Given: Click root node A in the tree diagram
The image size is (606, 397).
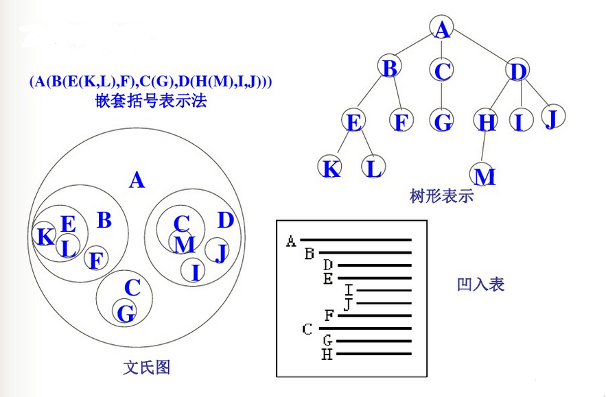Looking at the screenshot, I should click(443, 29).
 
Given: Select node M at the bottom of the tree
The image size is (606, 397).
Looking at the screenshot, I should click(485, 176).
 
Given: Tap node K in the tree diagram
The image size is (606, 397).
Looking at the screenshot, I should click(331, 168).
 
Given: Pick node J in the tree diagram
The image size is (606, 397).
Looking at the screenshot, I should click(550, 118).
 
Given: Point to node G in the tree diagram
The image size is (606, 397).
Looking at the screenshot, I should click(443, 122).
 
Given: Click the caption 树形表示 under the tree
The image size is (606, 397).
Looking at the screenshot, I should click(441, 196).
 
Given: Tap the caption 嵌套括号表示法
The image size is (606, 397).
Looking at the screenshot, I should click(152, 101).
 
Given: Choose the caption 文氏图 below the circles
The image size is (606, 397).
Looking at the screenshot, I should click(147, 367).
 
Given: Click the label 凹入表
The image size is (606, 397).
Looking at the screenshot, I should click(480, 284).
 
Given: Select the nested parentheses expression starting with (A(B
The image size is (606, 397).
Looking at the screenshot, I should click(151, 81).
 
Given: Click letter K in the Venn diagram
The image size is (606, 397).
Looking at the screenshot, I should click(45, 237).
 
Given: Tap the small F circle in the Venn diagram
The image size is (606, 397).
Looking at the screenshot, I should click(96, 259).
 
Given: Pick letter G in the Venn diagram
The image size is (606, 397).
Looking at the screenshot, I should click(126, 313).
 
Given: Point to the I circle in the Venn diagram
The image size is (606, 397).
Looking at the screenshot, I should click(195, 272).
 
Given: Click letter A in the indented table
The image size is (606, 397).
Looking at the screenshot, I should click(291, 241).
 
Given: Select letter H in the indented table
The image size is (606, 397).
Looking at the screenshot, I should click(327, 354).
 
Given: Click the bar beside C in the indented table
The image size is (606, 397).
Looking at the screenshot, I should click(364, 328).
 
